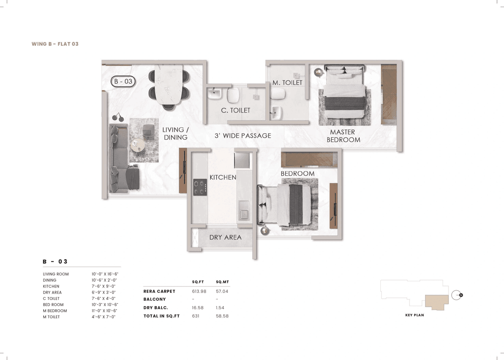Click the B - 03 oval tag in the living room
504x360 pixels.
pyautogui.click(x=123, y=81)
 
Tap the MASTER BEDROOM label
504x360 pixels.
pyautogui.click(x=343, y=136)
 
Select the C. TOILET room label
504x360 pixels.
pyautogui.click(x=235, y=111)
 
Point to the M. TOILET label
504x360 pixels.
pyautogui.click(x=287, y=83)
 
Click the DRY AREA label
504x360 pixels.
pyautogui.click(x=225, y=237)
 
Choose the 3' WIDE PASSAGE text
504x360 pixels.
pyautogui.click(x=243, y=136)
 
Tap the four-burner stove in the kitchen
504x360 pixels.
pyautogui.click(x=200, y=187)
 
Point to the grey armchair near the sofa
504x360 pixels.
pyautogui.click(x=148, y=130)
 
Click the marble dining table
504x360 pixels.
pyautogui.click(x=169, y=85)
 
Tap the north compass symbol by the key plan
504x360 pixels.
pyautogui.click(x=457, y=295)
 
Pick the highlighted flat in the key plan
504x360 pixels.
pyautogui.click(x=436, y=302)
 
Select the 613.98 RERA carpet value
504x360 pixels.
pyautogui.click(x=199, y=292)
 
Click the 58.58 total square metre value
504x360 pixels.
pyautogui.click(x=222, y=316)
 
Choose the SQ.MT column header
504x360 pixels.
pyautogui.click(x=222, y=282)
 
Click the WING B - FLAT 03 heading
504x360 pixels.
pyautogui.click(x=55, y=44)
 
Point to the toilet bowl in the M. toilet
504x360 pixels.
pyautogui.click(x=280, y=93)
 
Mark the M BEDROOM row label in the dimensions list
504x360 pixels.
pyautogui.click(x=55, y=311)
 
